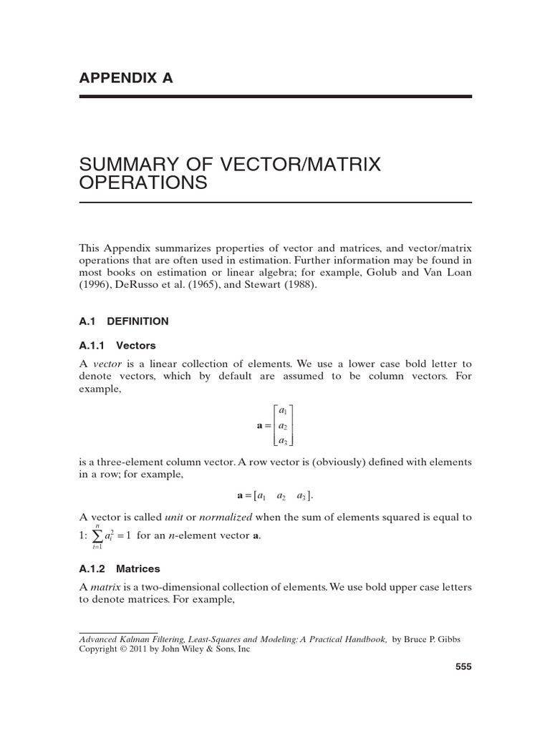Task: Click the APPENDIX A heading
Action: pos(126,78)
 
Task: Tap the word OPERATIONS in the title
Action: pos(143,184)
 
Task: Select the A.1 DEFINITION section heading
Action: pos(124,321)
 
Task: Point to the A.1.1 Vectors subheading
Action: pos(117,345)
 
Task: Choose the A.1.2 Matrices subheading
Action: pos(120,569)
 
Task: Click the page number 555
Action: pos(463,667)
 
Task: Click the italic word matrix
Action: pos(104,587)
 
